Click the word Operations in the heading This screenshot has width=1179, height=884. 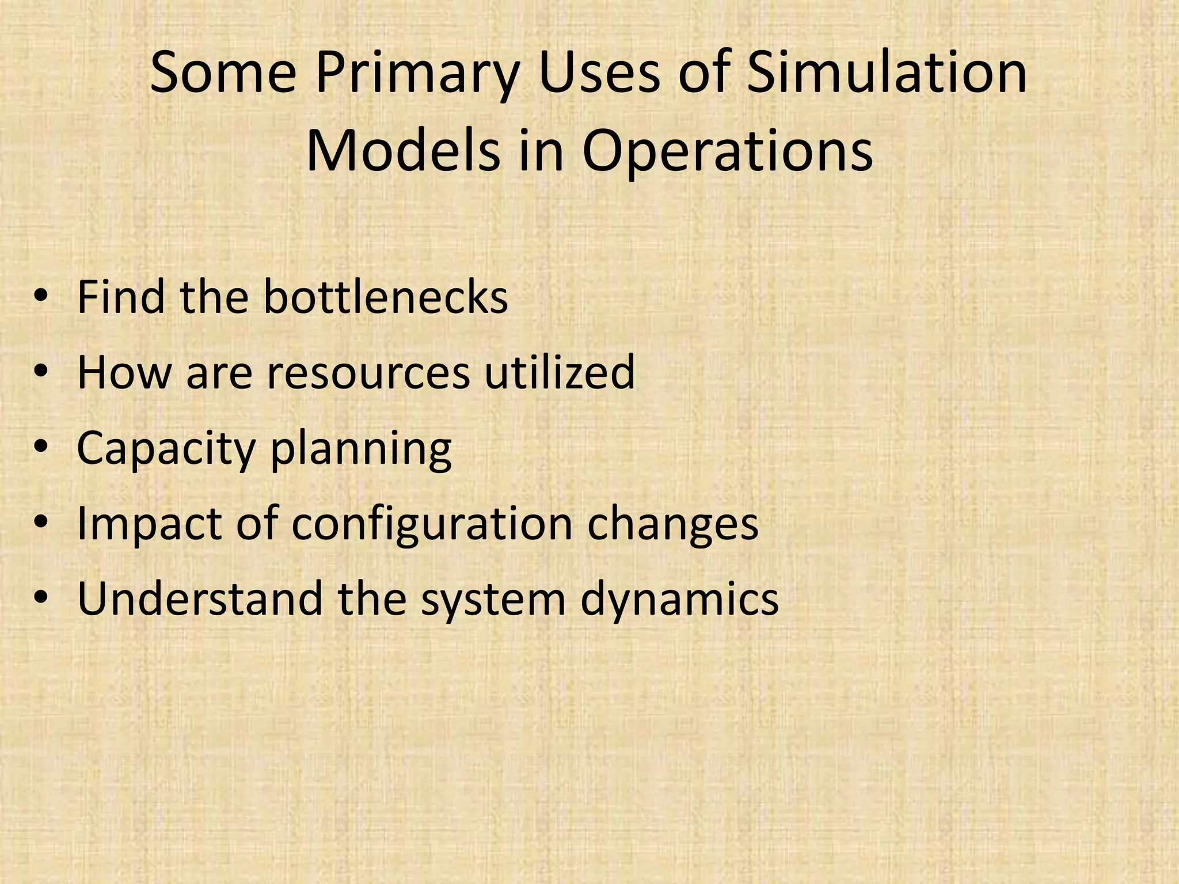point(728,153)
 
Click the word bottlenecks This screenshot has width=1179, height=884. point(386,297)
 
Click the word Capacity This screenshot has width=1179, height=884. point(166,448)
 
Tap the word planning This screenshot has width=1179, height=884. point(361,448)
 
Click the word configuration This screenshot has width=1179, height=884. point(432,524)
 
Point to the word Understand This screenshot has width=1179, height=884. point(199,599)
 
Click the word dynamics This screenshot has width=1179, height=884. point(679,599)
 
